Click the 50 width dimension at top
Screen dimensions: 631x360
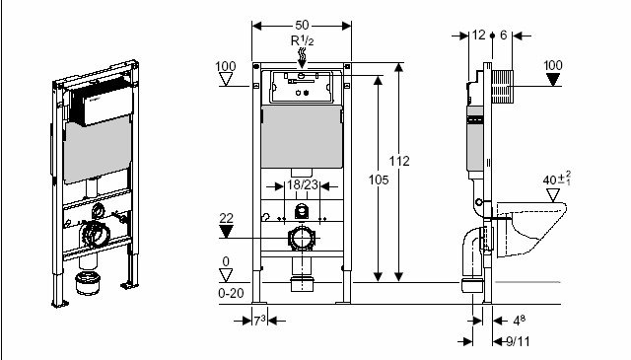(302, 25)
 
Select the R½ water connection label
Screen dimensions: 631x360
(303, 40)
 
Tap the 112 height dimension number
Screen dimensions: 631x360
(399, 161)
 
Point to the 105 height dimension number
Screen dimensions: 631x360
(379, 180)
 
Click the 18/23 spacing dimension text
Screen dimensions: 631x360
(303, 185)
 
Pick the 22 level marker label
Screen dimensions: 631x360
(226, 218)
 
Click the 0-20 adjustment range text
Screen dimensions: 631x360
(231, 293)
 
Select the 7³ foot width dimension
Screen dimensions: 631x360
(259, 321)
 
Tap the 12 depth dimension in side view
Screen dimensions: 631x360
(478, 36)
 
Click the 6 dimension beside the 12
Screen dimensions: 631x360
(504, 36)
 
